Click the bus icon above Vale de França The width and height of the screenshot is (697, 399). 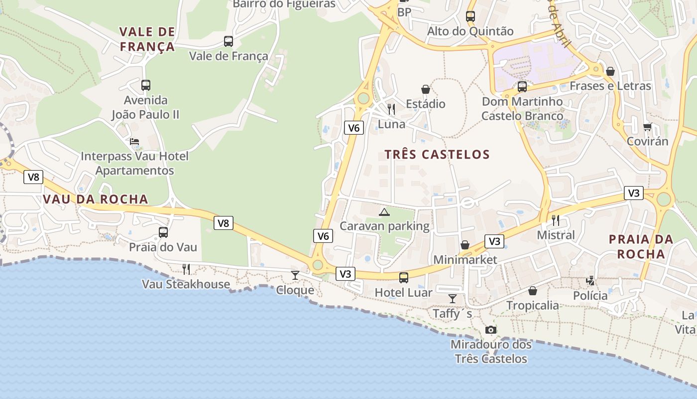pos(229,41)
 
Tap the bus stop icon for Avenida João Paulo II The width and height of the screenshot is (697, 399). pos(145,85)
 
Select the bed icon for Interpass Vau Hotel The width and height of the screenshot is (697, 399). pos(134,142)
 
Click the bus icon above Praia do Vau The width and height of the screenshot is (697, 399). pos(163,232)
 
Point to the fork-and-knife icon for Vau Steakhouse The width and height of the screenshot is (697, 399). pos(186,269)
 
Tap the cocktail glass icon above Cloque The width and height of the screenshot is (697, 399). pos(295,275)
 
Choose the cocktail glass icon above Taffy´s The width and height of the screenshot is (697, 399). pos(452,298)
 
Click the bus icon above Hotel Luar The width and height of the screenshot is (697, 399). pos(403,277)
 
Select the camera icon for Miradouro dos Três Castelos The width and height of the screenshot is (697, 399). pos(491,330)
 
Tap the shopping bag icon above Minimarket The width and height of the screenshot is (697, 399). pos(465,244)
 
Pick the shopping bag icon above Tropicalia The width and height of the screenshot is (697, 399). pos(532,290)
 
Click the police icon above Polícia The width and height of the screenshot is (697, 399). pos(590,281)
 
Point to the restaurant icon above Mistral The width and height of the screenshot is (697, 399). pos(556,219)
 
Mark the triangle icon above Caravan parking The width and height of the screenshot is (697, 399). pos(384,212)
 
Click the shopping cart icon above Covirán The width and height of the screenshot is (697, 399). pos(647,126)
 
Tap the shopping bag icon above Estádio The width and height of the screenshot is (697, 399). pos(425,89)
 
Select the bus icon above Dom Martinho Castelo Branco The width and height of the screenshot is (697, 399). pos(522,86)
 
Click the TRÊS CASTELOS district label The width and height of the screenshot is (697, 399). pos(437,155)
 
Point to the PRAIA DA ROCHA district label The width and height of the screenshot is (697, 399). pos(641,246)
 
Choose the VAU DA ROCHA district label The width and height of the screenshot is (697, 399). pos(96,199)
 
